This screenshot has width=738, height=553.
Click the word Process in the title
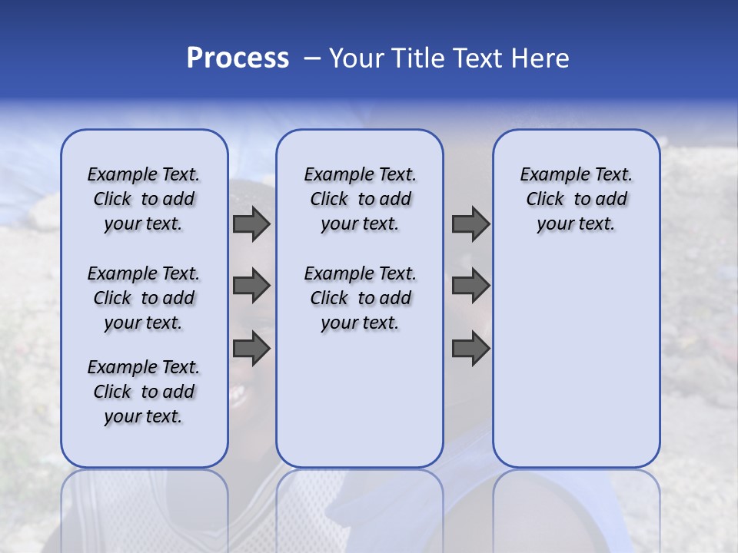pos(238,58)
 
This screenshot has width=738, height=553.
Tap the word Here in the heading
pos(541,58)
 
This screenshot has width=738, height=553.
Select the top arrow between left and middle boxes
pos(251,224)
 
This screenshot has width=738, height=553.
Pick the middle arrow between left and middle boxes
pos(251,286)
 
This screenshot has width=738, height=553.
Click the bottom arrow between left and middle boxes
pos(251,349)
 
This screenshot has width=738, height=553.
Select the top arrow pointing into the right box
pos(470,224)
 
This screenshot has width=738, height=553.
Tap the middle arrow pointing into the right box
pos(470,286)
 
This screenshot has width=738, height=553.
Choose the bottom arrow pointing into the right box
pos(470,349)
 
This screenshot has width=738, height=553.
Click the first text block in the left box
pos(144,199)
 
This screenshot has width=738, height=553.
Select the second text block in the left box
pos(144,298)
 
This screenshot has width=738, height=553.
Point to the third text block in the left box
pos(144,392)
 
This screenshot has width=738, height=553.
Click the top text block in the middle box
pos(360,199)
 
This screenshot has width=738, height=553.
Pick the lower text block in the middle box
pos(360,298)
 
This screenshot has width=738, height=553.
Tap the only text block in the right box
pos(576,199)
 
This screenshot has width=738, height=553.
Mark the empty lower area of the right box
pos(576,361)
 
